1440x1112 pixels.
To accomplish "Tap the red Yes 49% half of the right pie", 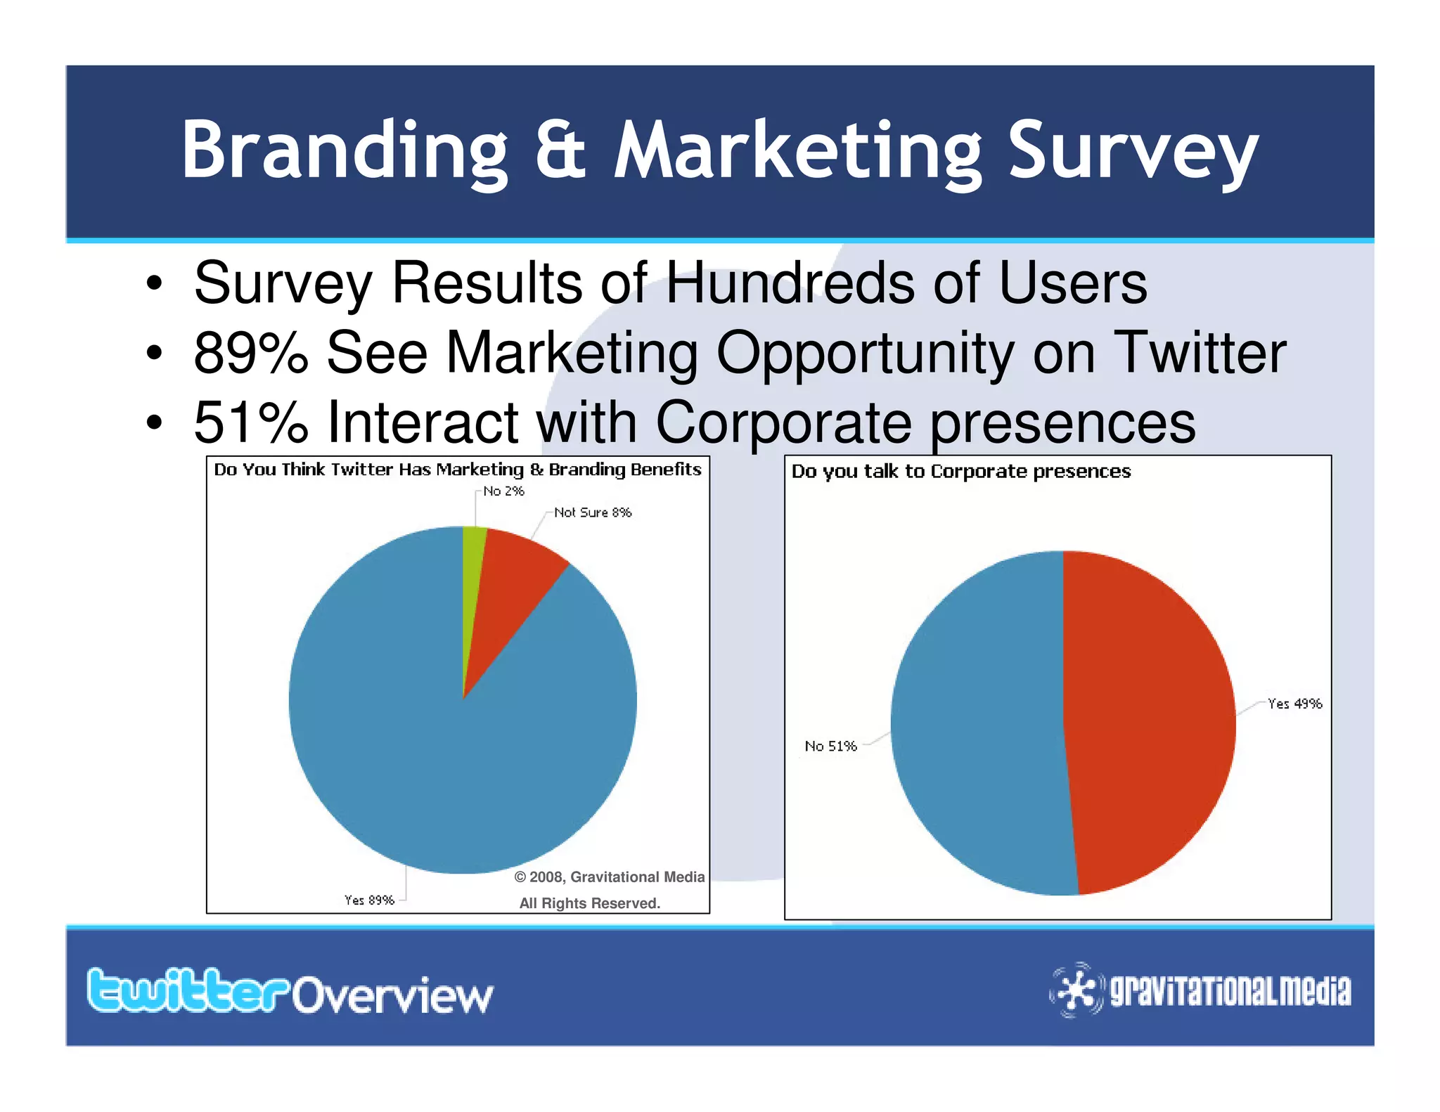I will tap(1153, 724).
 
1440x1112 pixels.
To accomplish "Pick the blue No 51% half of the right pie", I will tap(977, 724).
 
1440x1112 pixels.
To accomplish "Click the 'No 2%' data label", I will tap(503, 491).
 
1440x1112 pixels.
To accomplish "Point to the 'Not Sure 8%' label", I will tap(593, 512).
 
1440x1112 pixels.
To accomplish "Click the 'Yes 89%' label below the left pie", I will tap(369, 900).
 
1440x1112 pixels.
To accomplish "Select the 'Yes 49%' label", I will tap(1294, 704).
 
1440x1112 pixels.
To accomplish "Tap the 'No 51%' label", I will tap(830, 746).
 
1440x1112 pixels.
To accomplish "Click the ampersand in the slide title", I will tap(560, 150).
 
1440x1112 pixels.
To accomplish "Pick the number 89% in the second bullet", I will tap(251, 353).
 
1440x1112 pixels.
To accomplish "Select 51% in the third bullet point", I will tap(251, 422).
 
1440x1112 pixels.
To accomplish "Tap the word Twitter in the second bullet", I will tap(1201, 353).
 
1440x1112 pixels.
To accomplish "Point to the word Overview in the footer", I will tap(393, 996).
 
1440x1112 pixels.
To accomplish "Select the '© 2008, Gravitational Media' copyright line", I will tap(609, 877).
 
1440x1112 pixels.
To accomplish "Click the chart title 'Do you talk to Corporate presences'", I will tap(960, 471).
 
